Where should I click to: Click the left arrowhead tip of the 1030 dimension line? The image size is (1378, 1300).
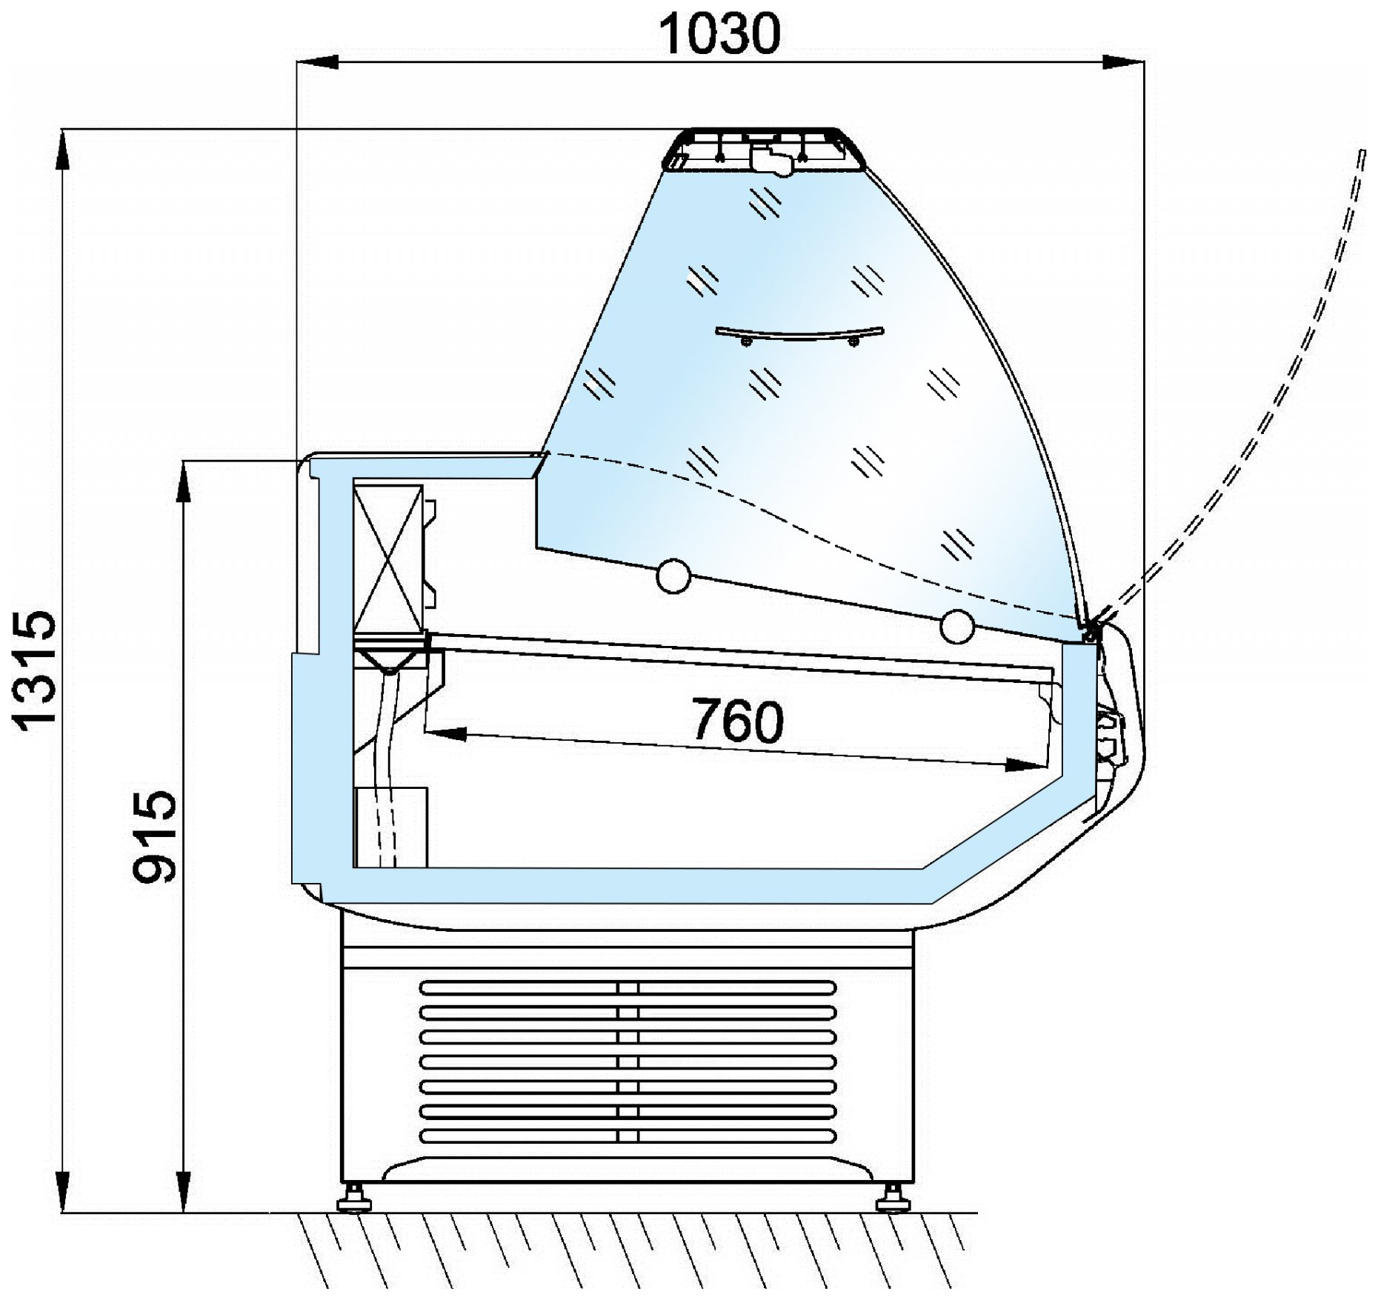click(x=297, y=62)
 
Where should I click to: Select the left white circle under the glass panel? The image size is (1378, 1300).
click(x=673, y=576)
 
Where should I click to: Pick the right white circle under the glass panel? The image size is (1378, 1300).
click(x=957, y=627)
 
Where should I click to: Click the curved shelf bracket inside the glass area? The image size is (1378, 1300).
click(x=799, y=336)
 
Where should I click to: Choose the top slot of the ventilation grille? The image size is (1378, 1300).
click(x=628, y=987)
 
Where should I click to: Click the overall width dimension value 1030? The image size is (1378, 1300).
click(x=721, y=34)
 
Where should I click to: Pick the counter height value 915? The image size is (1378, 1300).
click(x=154, y=836)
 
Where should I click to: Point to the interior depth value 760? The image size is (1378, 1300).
click(x=738, y=721)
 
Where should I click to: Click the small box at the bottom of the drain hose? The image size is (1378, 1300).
click(x=392, y=827)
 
